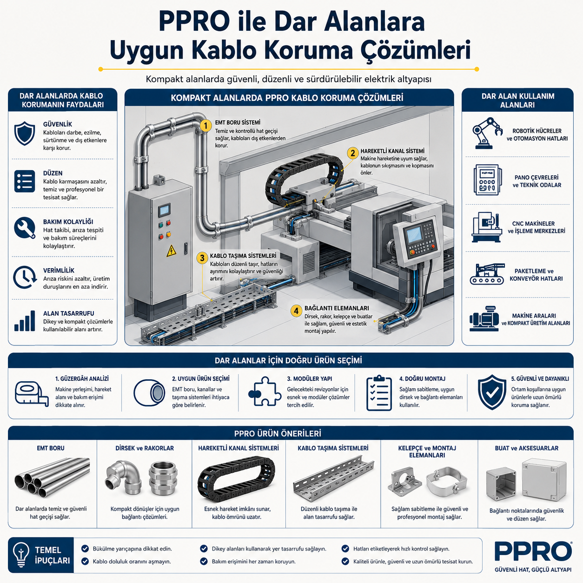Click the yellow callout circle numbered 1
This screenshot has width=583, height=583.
click(x=206, y=126)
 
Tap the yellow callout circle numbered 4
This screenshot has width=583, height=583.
click(x=296, y=311)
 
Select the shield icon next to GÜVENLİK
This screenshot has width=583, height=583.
click(x=25, y=133)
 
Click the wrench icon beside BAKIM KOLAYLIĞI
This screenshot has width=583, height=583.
click(x=25, y=228)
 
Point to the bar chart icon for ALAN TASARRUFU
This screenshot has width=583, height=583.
click(x=25, y=321)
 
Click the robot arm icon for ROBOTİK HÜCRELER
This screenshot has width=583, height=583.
click(x=487, y=133)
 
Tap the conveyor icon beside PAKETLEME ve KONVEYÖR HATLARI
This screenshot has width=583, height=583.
click(x=487, y=274)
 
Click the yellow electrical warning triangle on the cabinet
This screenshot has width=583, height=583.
click(x=171, y=251)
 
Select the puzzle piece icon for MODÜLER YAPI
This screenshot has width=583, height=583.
click(x=263, y=391)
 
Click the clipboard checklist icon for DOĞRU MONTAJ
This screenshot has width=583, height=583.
click(x=379, y=393)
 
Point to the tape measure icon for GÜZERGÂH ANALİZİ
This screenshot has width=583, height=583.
click(x=32, y=394)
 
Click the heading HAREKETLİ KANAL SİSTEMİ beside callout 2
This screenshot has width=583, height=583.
click(x=392, y=151)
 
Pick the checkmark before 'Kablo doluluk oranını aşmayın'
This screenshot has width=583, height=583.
click(x=85, y=562)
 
